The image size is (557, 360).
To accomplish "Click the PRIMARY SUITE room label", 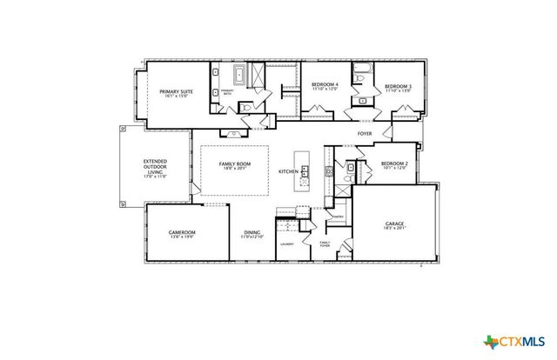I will click(174, 91).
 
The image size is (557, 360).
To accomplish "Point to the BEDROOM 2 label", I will click(393, 163).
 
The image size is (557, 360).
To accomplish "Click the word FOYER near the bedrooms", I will click(365, 133).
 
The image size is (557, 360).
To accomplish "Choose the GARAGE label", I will click(394, 223).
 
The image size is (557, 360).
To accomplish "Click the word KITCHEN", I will click(288, 172).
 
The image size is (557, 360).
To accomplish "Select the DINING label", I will click(252, 232).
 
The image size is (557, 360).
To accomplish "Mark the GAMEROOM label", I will click(182, 232).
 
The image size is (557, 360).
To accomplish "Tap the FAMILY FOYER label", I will click(325, 244).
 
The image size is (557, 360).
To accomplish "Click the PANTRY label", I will click(338, 217).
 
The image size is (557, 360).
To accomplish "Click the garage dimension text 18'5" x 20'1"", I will click(394, 229).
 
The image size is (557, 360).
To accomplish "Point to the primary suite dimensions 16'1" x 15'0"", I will click(174, 97).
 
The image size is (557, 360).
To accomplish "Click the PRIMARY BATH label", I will click(227, 91).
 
